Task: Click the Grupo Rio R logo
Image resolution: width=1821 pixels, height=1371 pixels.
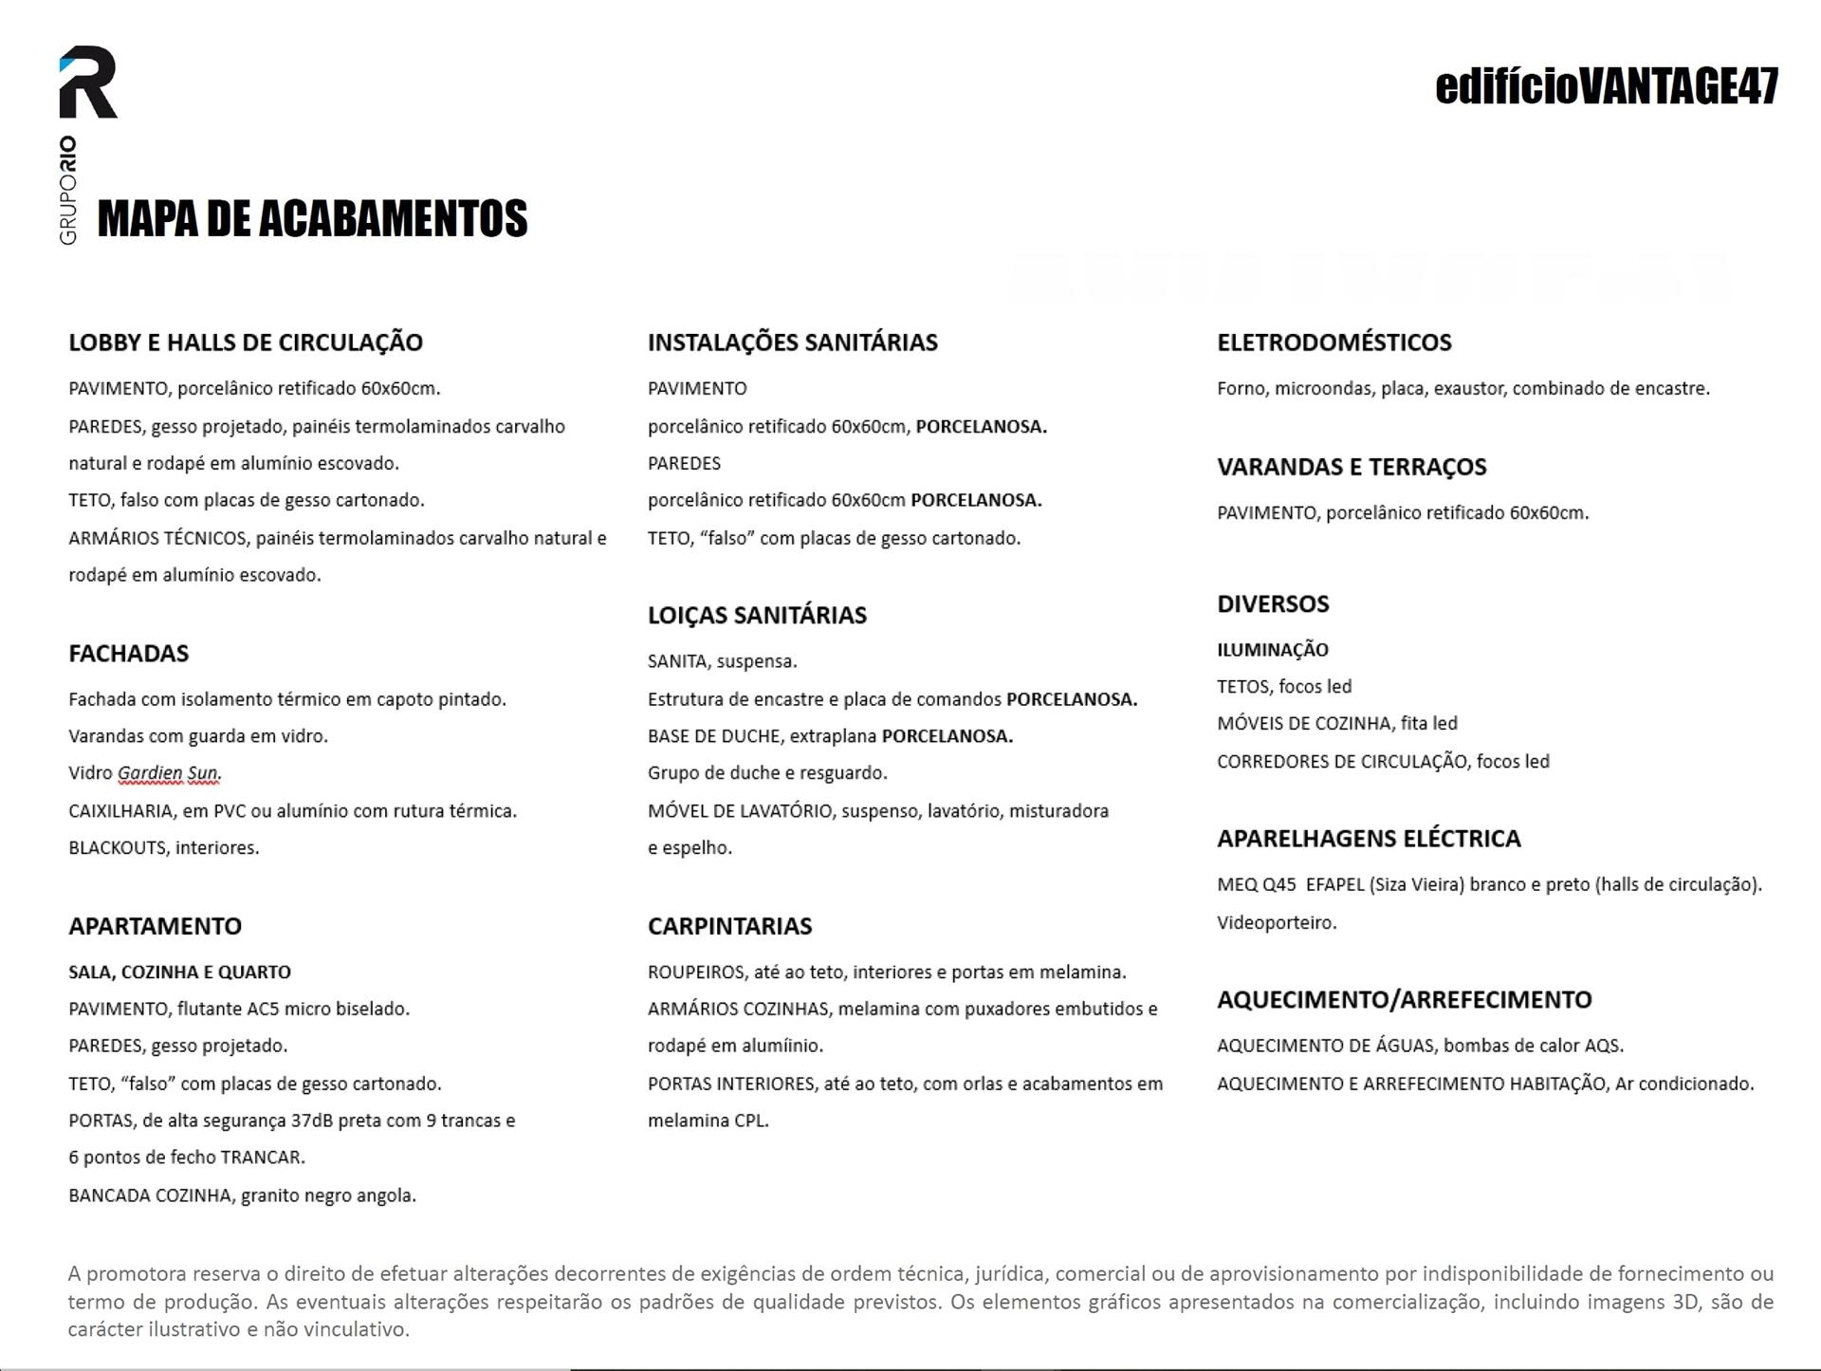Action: [88, 83]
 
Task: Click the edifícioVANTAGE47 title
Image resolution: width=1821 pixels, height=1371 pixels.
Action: [1606, 86]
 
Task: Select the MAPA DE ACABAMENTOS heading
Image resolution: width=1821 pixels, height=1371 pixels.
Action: [312, 218]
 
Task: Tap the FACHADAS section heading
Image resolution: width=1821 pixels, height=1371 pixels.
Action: [128, 653]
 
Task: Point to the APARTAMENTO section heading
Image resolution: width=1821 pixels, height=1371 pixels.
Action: [155, 925]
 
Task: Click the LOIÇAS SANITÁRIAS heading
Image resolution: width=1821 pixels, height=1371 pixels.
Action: [757, 615]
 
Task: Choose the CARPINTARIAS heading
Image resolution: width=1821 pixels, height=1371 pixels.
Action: [729, 925]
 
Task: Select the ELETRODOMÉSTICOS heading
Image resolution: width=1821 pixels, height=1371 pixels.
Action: [1334, 342]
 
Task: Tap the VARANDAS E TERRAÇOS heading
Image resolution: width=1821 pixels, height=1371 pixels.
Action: [1352, 466]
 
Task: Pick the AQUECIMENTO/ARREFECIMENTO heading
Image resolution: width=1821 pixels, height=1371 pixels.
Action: [1404, 999]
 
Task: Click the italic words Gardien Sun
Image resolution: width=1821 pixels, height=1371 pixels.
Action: [169, 773]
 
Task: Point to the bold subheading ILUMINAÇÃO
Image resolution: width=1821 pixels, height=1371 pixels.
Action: [1273, 650]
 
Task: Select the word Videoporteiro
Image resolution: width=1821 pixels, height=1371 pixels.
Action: [1277, 922]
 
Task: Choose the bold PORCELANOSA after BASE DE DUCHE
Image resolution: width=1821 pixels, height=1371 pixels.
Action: [947, 736]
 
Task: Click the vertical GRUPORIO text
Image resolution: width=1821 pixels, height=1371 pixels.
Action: [68, 190]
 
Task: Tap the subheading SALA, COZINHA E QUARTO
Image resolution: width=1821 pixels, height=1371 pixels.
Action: [179, 972]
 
